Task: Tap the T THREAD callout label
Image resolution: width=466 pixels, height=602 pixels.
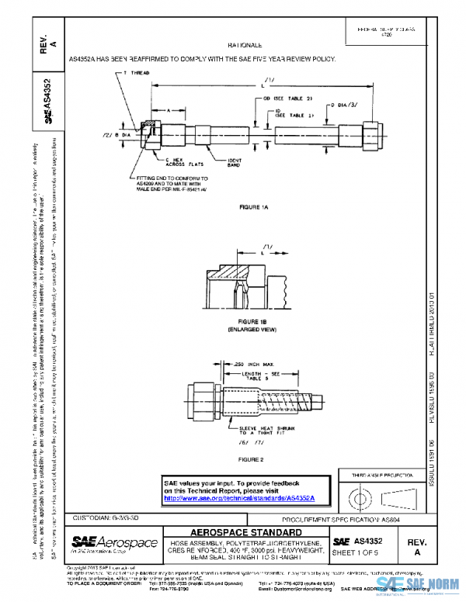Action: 137,71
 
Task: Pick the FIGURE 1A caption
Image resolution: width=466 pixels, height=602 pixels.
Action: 253,207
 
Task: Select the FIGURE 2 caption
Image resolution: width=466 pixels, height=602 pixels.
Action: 253,459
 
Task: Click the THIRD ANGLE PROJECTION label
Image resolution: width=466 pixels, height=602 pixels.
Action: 383,473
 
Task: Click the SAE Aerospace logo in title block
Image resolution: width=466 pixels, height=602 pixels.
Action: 114,542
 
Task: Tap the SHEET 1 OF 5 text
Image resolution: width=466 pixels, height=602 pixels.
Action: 360,552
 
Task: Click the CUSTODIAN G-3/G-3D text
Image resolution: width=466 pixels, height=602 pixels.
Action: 106,517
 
